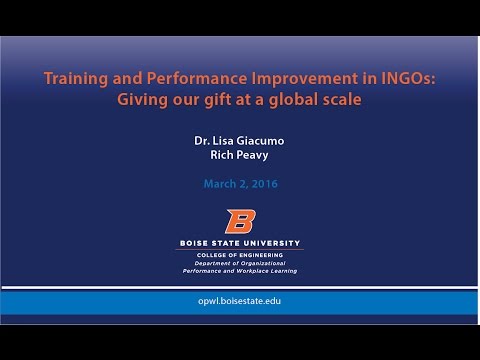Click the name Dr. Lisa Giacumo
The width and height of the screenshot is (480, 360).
pyautogui.click(x=239, y=142)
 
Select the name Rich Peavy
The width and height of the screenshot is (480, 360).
pyautogui.click(x=239, y=157)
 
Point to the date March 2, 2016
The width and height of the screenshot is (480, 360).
pyautogui.click(x=239, y=184)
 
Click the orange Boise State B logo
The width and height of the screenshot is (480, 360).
pyautogui.click(x=239, y=221)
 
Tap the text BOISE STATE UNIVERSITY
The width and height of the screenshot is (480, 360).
pyautogui.click(x=239, y=243)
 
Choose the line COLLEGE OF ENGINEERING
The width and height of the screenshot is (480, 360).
pyautogui.click(x=239, y=255)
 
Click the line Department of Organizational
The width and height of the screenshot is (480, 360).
pyautogui.click(x=239, y=263)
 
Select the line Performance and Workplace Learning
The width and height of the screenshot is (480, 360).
pyautogui.click(x=239, y=271)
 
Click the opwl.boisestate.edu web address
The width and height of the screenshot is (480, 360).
pyautogui.click(x=239, y=301)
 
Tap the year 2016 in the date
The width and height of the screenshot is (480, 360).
pyautogui.click(x=264, y=184)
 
